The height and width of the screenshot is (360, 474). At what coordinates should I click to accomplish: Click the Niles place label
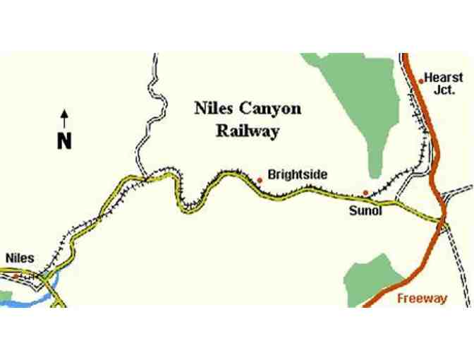coord(20,258)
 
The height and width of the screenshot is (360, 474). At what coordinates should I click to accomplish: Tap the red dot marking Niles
coord(15,275)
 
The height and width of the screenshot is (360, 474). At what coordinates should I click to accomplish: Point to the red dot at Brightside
coord(260,181)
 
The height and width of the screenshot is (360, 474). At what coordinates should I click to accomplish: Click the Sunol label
coord(365,210)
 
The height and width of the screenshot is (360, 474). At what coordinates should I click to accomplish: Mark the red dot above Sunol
coord(365,192)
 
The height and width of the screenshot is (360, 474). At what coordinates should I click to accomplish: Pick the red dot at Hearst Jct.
coord(421,80)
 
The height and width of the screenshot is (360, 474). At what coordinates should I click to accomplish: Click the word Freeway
coord(422,299)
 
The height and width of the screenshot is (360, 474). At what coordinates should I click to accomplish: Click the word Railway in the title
coord(248,131)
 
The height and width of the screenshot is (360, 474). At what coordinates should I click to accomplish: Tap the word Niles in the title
coord(212,109)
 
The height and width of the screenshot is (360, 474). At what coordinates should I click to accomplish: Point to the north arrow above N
coord(64,118)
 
